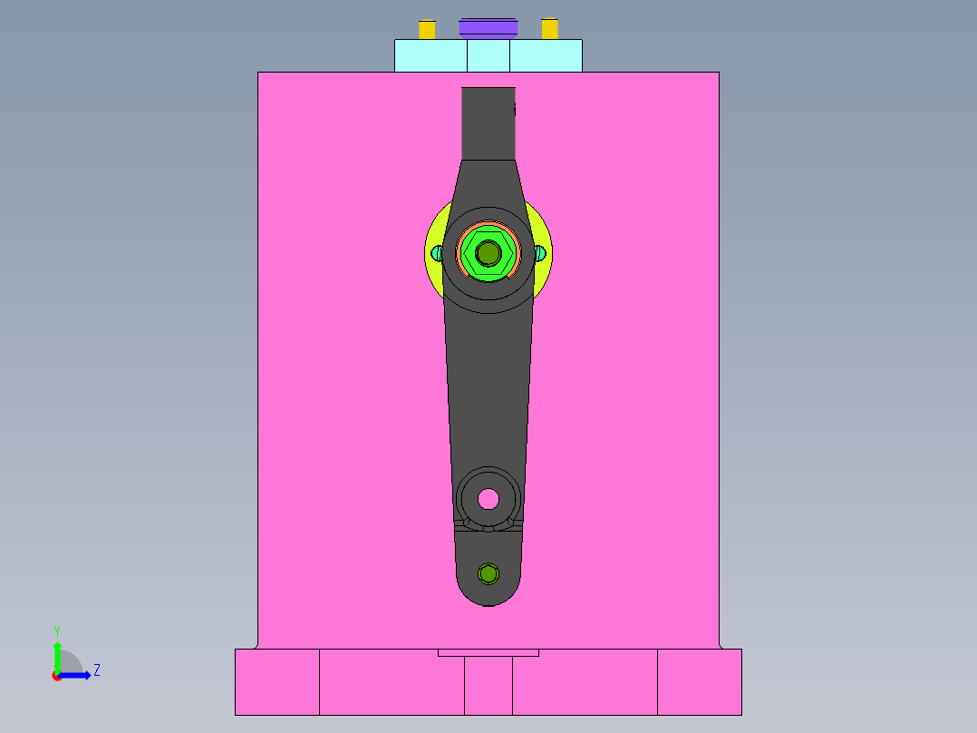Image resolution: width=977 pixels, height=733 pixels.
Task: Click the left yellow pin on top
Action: [x=427, y=29]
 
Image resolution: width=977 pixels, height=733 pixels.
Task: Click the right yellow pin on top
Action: [x=549, y=29]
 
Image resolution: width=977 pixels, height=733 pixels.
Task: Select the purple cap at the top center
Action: [x=488, y=27]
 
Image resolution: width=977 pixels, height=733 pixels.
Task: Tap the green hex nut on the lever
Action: [x=488, y=253]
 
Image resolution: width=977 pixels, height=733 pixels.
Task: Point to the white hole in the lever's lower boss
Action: [x=488, y=498]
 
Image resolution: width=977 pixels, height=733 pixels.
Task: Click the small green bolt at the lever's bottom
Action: [x=488, y=573]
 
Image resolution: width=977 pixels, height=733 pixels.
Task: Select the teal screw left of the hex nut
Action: [x=437, y=253]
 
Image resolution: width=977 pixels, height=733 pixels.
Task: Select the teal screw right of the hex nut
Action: [x=540, y=253]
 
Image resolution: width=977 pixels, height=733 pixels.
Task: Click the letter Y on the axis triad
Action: [x=56, y=630]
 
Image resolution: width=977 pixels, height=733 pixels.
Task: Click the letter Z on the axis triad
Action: [x=96, y=670]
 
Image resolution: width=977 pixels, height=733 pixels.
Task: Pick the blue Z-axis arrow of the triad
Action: [x=76, y=675]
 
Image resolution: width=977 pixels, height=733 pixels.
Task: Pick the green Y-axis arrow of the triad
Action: [x=56, y=655]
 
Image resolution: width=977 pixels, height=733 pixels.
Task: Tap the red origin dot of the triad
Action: [x=56, y=676]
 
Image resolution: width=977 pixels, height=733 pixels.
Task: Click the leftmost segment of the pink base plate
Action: [x=276, y=681]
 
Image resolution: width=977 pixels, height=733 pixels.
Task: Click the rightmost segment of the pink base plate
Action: [x=699, y=681]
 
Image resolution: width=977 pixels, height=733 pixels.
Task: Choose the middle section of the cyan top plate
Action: [x=488, y=55]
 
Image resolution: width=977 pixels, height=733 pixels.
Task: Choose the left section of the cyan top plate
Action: [x=430, y=55]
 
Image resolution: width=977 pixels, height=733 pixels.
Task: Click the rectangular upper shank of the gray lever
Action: [x=488, y=122]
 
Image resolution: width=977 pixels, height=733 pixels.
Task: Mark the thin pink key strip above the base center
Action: [x=488, y=652]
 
